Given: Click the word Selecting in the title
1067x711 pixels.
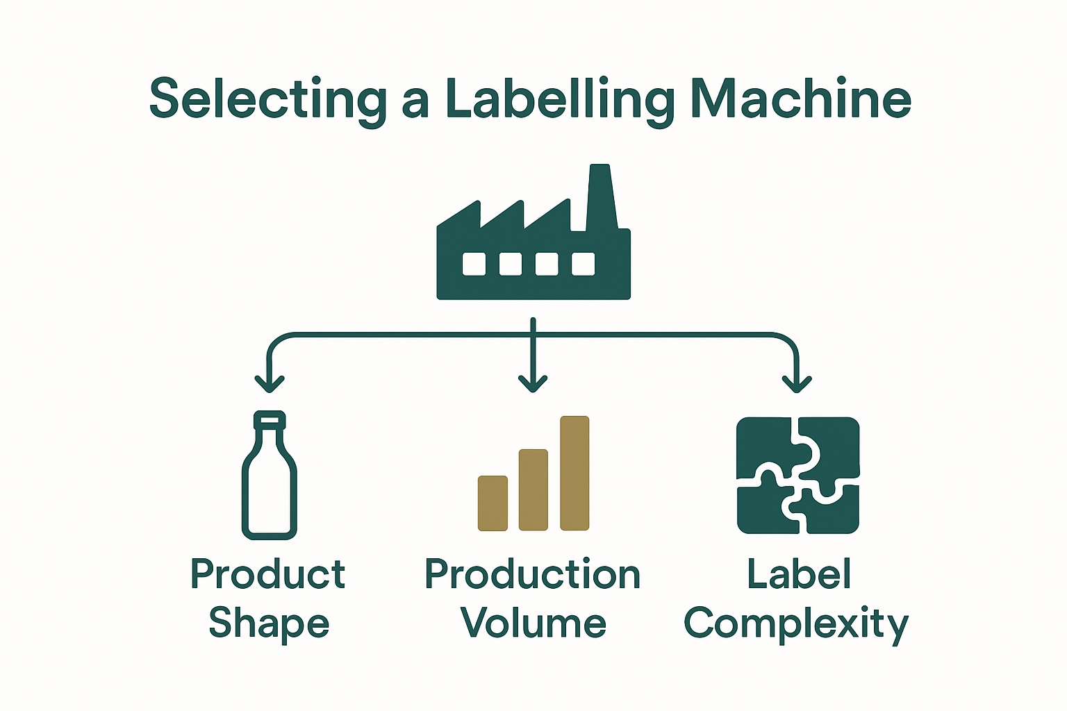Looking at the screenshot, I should click(268, 99).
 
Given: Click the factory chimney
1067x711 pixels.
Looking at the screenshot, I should click(600, 198).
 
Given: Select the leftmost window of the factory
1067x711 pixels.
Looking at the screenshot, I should click(474, 264).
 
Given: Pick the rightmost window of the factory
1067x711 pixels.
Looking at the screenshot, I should click(583, 264).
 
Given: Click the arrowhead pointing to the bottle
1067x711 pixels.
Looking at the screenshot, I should click(270, 383).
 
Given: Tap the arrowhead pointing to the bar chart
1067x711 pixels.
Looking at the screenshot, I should click(533, 383).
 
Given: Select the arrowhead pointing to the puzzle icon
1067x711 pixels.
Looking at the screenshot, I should click(797, 383).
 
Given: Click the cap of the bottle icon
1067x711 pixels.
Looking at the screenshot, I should click(270, 419).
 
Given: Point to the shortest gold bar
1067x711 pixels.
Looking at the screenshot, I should click(493, 503).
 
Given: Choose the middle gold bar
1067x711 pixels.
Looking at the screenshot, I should click(533, 490).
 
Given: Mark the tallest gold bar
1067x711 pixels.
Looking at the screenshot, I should click(574, 474).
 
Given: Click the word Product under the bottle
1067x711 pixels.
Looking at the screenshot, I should click(268, 575).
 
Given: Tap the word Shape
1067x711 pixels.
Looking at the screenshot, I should click(269, 624).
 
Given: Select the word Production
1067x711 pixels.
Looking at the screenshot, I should click(533, 575).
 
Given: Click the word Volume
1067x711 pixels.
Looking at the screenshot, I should click(533, 623).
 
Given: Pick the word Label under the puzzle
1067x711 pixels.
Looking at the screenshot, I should click(799, 574).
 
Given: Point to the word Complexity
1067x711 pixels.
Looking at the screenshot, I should click(797, 624).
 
